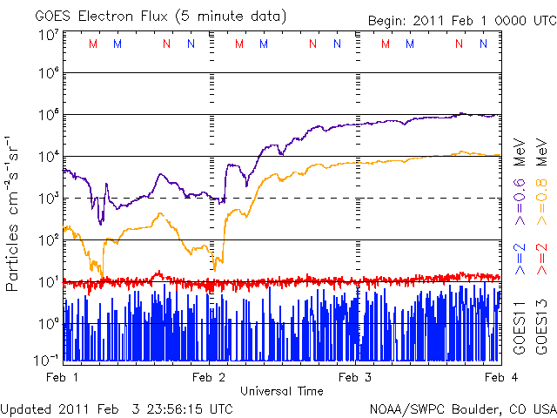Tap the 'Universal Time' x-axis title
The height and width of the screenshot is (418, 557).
281,391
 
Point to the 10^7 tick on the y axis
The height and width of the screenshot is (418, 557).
47,36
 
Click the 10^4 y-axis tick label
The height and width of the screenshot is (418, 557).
47,157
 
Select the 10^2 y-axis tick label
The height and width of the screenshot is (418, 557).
47,239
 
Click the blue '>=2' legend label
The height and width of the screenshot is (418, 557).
520,260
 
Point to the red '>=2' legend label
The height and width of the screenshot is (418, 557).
541,260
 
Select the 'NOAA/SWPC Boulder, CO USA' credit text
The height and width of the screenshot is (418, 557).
462,408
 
